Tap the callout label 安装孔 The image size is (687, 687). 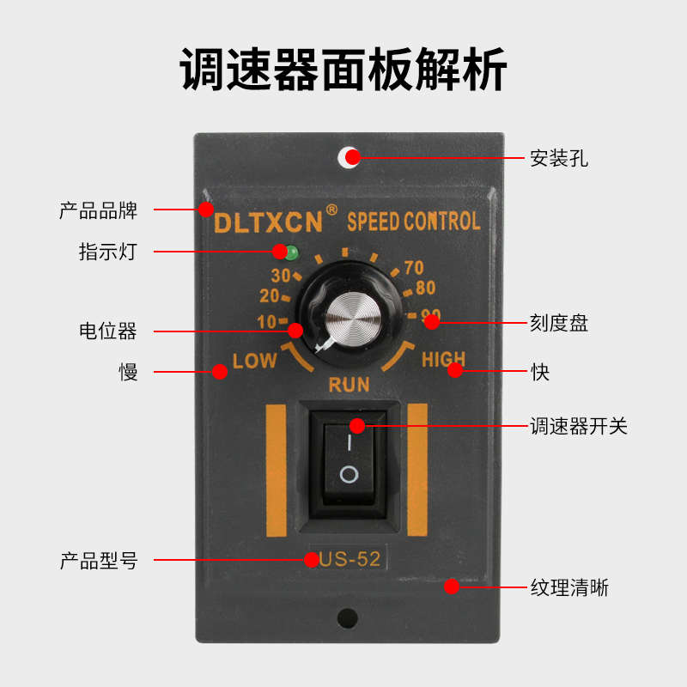point(558,158)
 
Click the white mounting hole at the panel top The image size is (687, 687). point(348,157)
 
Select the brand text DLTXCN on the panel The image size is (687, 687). point(268,222)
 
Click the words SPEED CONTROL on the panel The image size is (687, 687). point(413,222)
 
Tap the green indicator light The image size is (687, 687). point(293,252)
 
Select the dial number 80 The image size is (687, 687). point(425,289)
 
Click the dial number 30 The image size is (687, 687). point(280,276)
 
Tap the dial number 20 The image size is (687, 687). point(268,296)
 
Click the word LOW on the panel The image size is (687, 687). point(255,361)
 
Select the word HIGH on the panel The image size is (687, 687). point(443,360)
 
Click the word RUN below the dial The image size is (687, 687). point(349,384)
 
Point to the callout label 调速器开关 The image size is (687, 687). point(578,426)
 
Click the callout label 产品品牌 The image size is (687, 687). point(98,210)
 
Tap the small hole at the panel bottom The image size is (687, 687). point(348,617)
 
